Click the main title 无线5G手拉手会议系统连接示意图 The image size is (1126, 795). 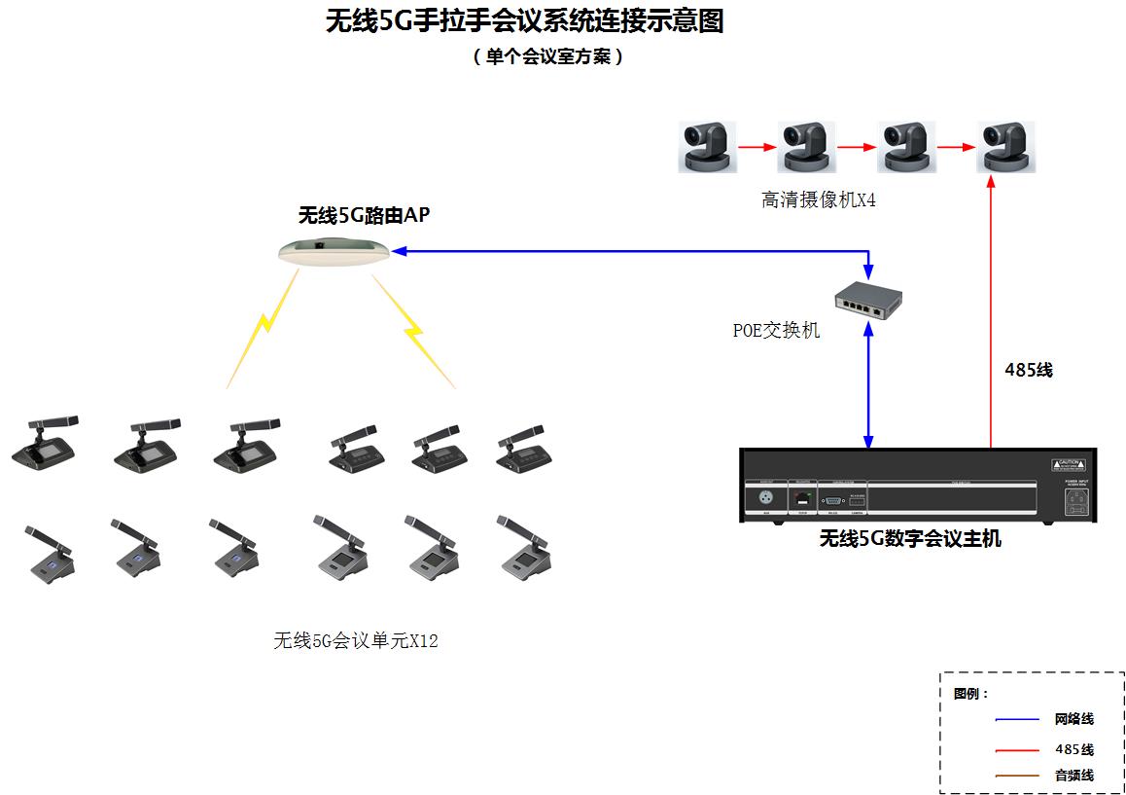click(524, 21)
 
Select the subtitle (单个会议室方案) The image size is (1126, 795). click(547, 56)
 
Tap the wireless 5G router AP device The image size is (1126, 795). click(333, 251)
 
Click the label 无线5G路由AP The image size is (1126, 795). click(364, 216)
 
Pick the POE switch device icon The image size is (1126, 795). click(868, 300)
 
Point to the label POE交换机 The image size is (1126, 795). click(776, 331)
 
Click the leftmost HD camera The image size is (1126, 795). click(707, 147)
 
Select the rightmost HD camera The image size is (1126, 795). click(1005, 147)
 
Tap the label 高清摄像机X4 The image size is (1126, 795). click(819, 200)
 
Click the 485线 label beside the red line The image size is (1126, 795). click(1028, 370)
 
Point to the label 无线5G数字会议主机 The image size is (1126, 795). click(909, 538)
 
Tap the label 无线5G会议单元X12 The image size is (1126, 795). click(355, 640)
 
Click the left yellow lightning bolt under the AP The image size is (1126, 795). click(260, 331)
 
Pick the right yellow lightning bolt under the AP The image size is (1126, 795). click(414, 331)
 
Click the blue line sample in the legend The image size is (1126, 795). click(1018, 720)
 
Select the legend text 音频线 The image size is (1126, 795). click(1073, 776)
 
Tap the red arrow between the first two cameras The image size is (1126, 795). click(757, 148)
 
